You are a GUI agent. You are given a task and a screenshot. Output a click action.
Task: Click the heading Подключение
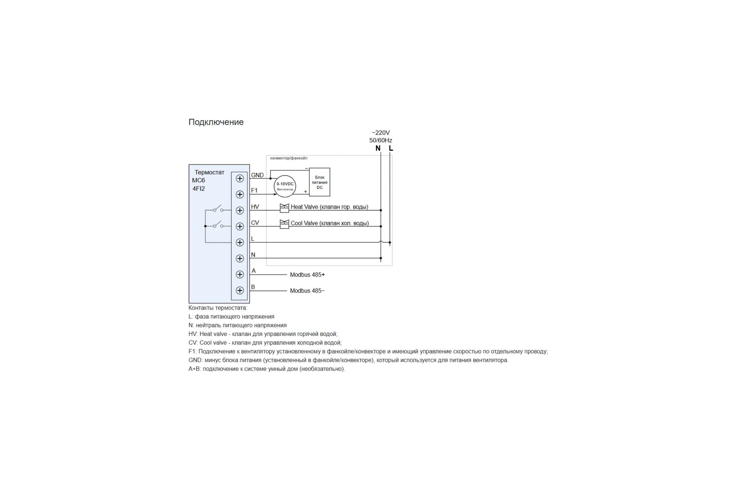[x=216, y=122]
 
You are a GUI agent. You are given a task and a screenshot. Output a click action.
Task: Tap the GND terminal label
[x=257, y=175]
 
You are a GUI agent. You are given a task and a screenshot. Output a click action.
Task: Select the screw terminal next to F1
[x=240, y=195]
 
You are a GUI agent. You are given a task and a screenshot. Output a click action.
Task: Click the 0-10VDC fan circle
[x=285, y=186]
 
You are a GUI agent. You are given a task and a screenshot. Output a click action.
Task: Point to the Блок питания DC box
[x=319, y=182]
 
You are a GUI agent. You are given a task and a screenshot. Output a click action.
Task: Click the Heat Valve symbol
[x=285, y=208]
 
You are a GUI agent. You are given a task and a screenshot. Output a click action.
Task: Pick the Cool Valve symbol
[x=285, y=224]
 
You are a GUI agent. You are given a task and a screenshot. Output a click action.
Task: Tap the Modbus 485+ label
[x=307, y=275]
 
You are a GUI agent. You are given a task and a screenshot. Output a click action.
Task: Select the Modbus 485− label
[x=307, y=291]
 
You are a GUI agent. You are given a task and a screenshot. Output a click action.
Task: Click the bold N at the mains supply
[x=378, y=149]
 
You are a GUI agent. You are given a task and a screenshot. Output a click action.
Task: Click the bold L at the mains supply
[x=391, y=149]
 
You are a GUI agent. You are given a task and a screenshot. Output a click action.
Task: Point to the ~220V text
[x=381, y=133]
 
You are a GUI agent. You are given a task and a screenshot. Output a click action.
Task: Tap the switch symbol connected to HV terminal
[x=218, y=209]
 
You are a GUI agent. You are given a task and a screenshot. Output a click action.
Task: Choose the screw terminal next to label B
[x=240, y=291]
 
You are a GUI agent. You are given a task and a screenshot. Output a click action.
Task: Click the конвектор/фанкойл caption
[x=289, y=158]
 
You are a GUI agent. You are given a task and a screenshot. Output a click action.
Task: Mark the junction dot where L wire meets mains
[x=390, y=242]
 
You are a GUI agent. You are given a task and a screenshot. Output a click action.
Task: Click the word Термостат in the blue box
[x=210, y=172]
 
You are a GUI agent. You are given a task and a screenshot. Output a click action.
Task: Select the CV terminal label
[x=255, y=223]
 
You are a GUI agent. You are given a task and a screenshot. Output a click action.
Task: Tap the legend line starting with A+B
[x=267, y=369]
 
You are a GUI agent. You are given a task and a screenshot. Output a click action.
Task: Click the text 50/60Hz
[x=381, y=140]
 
